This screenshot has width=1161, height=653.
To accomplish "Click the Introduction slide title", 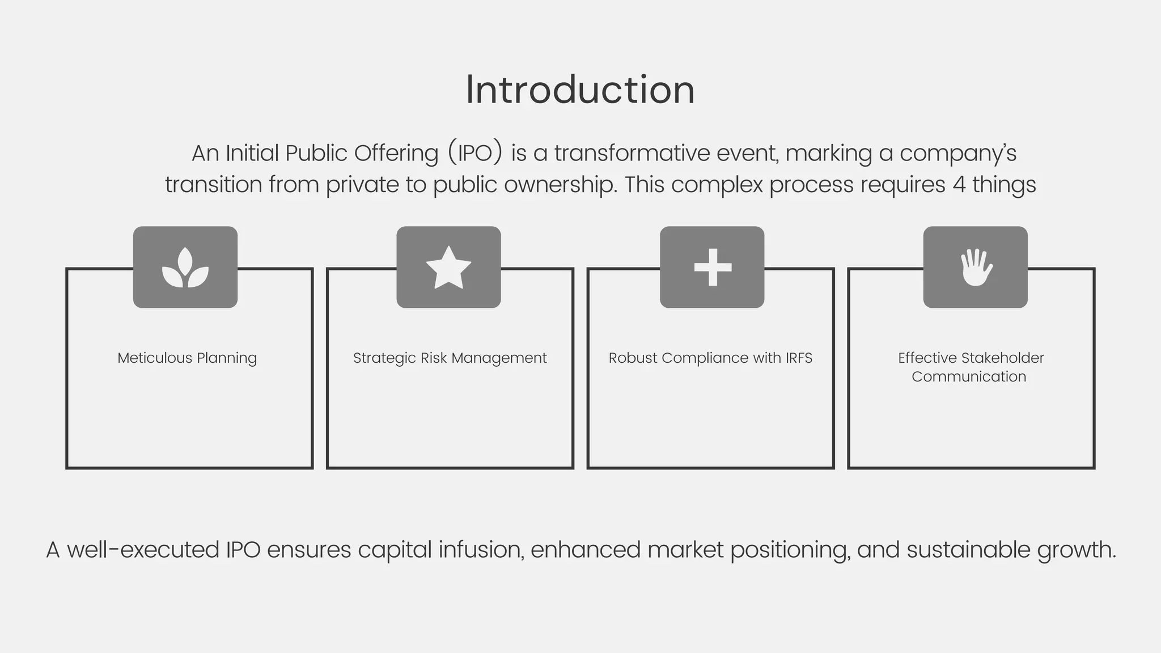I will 580,90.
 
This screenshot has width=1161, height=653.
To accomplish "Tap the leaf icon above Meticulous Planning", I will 185,268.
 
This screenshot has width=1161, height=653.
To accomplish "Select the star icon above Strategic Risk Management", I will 448,268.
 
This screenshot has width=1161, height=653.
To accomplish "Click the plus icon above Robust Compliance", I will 713,267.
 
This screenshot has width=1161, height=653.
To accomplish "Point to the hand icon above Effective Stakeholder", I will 976,268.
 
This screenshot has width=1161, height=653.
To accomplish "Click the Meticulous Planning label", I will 187,358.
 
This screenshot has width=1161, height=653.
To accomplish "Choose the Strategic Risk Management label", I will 450,358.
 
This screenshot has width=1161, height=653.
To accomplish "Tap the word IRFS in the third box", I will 799,358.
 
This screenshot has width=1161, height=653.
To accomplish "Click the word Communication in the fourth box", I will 969,377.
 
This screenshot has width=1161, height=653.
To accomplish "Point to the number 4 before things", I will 959,185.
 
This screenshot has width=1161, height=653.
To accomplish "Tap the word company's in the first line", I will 957,153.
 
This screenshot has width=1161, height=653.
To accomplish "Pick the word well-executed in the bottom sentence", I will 143,550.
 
